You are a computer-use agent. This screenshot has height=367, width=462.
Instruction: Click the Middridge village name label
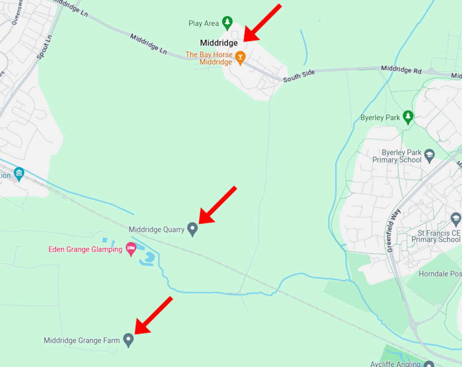(x=219, y=43)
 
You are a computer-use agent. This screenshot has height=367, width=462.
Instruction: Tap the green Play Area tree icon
(x=227, y=22)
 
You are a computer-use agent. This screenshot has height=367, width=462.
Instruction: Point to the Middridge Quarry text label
(x=157, y=229)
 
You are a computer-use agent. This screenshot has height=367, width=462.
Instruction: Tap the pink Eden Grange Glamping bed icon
(x=131, y=248)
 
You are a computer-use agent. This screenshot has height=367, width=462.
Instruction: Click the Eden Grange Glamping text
(x=85, y=250)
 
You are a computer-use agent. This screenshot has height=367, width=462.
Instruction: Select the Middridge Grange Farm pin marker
(x=128, y=340)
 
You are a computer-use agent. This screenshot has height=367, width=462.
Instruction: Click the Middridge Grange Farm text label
(x=82, y=341)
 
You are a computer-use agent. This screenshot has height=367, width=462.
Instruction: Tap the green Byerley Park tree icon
(x=407, y=117)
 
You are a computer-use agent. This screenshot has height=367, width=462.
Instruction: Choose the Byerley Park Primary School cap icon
(x=430, y=155)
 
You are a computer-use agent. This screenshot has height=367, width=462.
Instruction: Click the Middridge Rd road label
(x=401, y=70)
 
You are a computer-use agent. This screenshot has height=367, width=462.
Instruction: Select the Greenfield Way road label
(x=394, y=231)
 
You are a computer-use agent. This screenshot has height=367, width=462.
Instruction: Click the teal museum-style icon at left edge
(x=18, y=174)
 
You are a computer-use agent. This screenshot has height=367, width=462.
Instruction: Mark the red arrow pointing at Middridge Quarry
(x=217, y=205)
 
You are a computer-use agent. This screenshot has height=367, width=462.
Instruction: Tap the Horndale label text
(x=439, y=274)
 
